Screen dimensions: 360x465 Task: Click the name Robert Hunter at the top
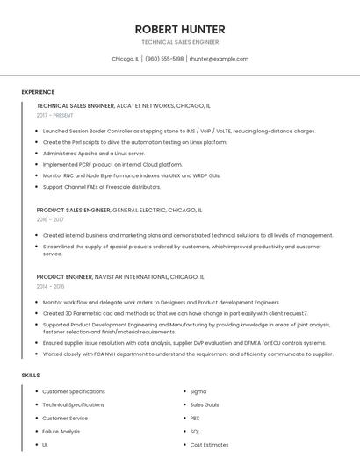pyautogui.click(x=179, y=28)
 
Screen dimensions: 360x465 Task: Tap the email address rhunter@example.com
pyautogui.click(x=219, y=59)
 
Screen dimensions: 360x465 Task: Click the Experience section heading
pyautogui.click(x=38, y=92)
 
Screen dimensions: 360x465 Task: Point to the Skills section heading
pyautogui.click(x=31, y=376)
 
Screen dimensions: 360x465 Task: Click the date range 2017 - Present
pyautogui.click(x=54, y=115)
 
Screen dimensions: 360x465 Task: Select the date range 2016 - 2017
pyautogui.click(x=50, y=220)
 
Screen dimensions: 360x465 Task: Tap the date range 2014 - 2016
pyautogui.click(x=50, y=286)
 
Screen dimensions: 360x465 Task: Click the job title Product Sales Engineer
pyautogui.click(x=74, y=211)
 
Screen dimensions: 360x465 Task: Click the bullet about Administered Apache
pyautogui.click(x=94, y=153)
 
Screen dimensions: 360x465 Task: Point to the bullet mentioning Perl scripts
pyautogui.click(x=134, y=142)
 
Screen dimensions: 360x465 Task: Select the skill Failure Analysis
pyautogui.click(x=61, y=432)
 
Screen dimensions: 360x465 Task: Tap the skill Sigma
pyautogui.click(x=198, y=391)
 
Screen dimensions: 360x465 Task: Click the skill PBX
pyautogui.click(x=195, y=418)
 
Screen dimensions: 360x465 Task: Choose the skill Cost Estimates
pyautogui.click(x=209, y=445)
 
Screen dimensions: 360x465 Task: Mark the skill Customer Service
pyautogui.click(x=66, y=418)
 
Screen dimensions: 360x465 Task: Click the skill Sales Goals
pyautogui.click(x=205, y=404)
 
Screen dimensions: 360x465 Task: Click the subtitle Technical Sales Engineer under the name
pyautogui.click(x=179, y=42)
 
